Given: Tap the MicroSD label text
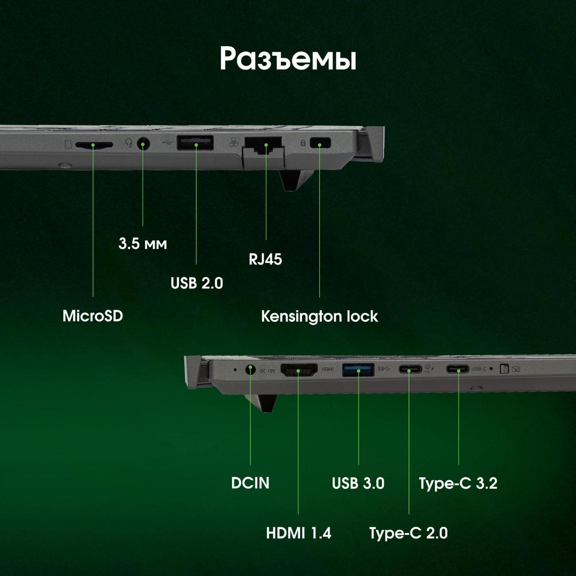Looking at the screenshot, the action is (x=93, y=316).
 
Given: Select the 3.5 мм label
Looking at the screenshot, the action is (x=143, y=244).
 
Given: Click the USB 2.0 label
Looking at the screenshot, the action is (x=197, y=283).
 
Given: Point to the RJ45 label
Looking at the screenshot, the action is (x=265, y=259).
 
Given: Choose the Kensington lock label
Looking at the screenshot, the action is (x=319, y=316).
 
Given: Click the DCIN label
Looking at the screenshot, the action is (x=250, y=483).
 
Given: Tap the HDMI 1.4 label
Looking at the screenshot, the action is (x=299, y=533).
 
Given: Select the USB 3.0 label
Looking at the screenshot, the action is (x=358, y=483).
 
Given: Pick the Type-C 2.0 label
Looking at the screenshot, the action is (x=409, y=533).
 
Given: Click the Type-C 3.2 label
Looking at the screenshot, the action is (x=458, y=483).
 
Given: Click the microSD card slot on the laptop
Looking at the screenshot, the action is (x=94, y=145).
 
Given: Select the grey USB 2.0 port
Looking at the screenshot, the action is (x=195, y=143).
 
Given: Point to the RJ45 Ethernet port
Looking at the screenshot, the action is (x=263, y=145).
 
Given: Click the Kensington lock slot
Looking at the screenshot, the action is (x=320, y=143).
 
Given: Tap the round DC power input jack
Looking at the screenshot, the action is (x=250, y=370).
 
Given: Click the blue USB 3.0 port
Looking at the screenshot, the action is (x=358, y=370).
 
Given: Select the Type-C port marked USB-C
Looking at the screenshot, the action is (x=458, y=369).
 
